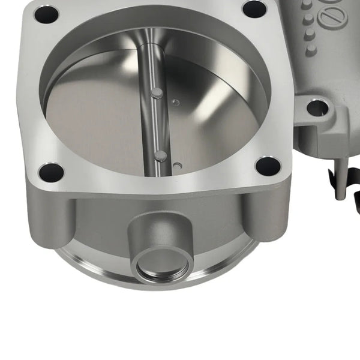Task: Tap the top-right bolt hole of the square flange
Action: point(254,9)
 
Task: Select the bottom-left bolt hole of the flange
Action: point(50,173)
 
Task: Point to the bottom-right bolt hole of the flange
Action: point(268,166)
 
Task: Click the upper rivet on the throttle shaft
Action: point(156,92)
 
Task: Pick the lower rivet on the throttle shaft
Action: point(160,155)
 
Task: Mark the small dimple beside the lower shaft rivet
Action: point(177,164)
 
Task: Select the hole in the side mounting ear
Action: point(317,108)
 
